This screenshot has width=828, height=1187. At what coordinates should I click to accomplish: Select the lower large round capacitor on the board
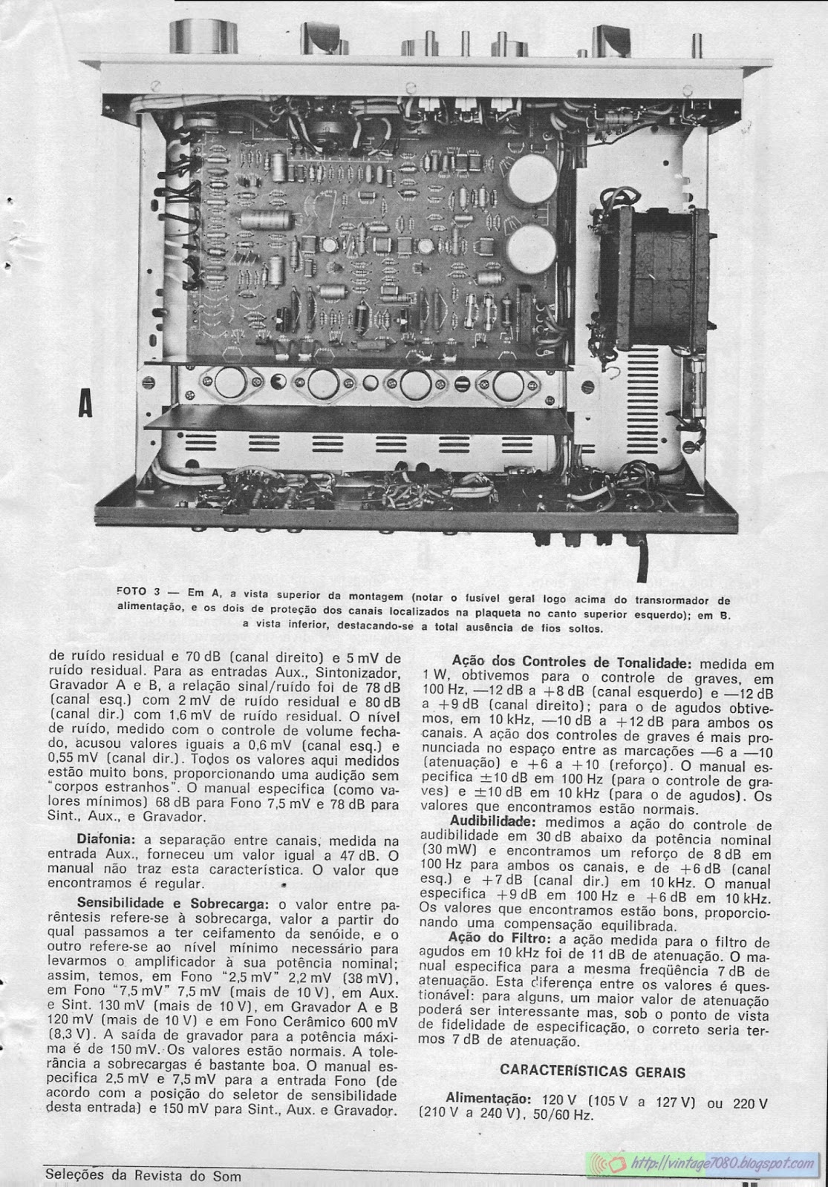point(531,249)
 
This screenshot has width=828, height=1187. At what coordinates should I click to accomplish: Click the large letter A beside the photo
point(87,407)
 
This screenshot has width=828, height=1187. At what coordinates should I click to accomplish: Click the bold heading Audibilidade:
point(493,821)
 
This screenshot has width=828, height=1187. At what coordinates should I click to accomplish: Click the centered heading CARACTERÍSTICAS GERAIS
point(592,1071)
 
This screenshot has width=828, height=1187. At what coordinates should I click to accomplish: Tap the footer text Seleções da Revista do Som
point(143,1176)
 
